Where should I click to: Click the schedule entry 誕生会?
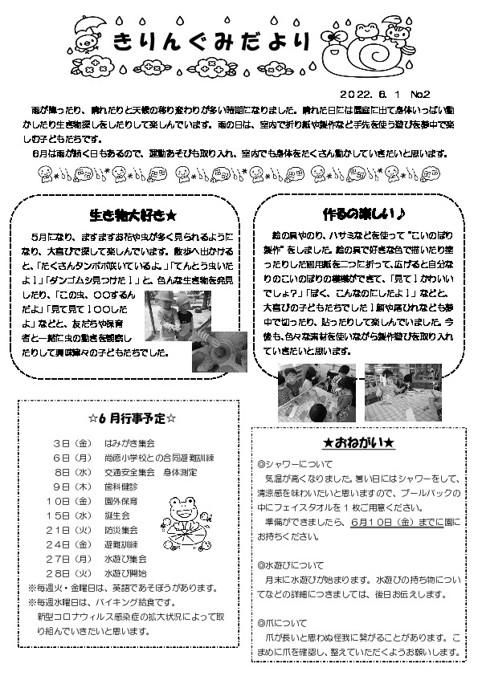click(114, 515)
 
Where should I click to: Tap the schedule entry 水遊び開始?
click(124, 573)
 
